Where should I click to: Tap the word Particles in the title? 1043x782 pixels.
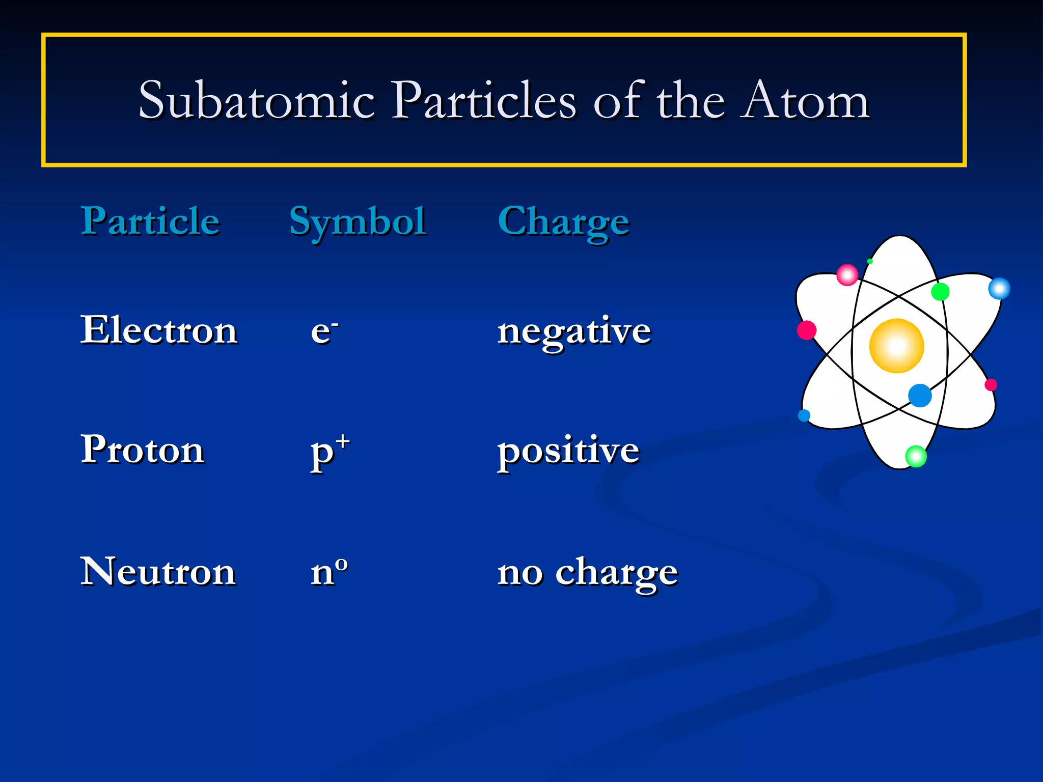[x=484, y=100]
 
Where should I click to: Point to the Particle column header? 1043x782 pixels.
[x=150, y=221]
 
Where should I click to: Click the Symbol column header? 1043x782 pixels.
[x=358, y=222]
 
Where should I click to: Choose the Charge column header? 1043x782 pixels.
[x=563, y=222]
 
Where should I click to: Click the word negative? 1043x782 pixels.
[x=574, y=331]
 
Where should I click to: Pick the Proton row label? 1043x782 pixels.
[x=142, y=450]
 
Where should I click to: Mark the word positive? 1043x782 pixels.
[x=568, y=451]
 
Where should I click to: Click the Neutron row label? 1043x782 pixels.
[x=158, y=571]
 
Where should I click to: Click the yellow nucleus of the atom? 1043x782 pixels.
[x=896, y=346]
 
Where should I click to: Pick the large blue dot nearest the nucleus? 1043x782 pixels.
[x=920, y=396]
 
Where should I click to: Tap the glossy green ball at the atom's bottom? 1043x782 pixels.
[x=916, y=456]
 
